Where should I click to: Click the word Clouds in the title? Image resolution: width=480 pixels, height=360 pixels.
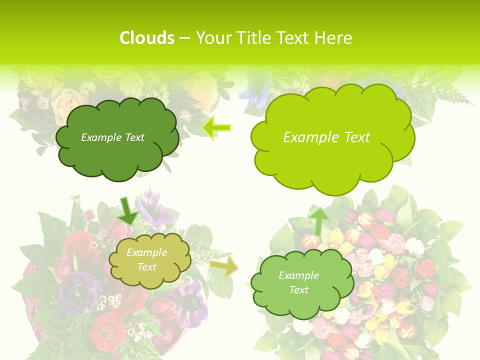(x=147, y=38)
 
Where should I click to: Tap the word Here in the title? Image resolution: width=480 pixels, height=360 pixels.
(x=334, y=38)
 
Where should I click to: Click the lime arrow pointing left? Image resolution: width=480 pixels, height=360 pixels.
(x=216, y=128)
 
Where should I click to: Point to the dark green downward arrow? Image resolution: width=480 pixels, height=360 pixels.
(x=128, y=210)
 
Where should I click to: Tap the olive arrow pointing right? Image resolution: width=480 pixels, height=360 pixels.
(x=223, y=266)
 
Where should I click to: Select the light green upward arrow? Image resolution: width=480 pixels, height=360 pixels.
(x=319, y=220)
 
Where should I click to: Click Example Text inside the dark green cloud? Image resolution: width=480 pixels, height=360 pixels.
(x=112, y=137)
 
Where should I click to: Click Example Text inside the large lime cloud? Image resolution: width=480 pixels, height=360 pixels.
(x=326, y=137)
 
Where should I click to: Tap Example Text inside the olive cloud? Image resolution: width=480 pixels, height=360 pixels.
(x=146, y=259)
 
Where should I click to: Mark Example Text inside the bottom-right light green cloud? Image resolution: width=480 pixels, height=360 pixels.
(x=298, y=282)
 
